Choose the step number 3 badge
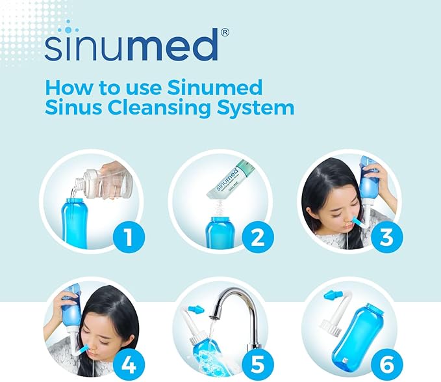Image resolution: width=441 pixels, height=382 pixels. point(387,236)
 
